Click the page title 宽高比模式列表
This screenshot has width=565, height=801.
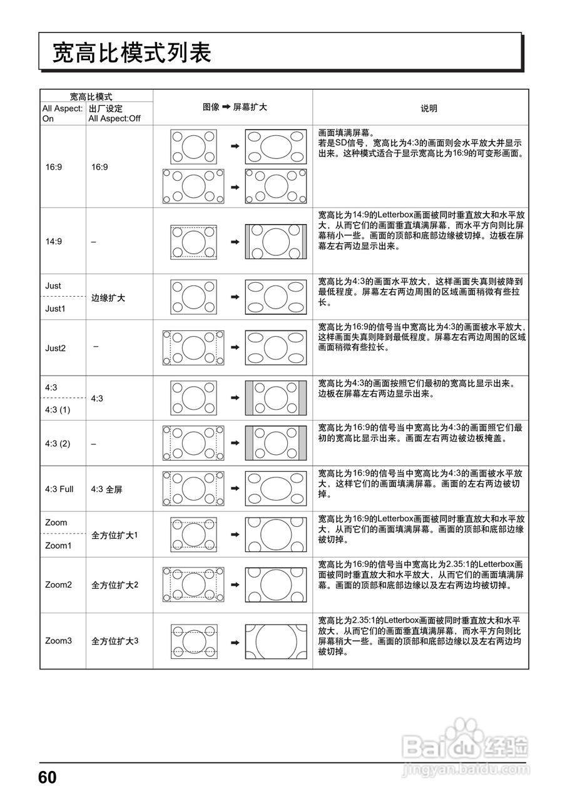point(132,53)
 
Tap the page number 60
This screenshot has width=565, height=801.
point(48,778)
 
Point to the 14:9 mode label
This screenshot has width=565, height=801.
point(54,242)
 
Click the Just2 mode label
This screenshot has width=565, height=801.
point(55,348)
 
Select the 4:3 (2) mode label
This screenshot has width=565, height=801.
point(58,444)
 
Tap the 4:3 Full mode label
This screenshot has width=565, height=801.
point(59,489)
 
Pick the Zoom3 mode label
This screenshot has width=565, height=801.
point(58,641)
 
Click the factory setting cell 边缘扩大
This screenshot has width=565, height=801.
point(108,298)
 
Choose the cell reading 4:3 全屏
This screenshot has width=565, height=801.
point(106,489)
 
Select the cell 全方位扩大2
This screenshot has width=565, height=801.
point(115,585)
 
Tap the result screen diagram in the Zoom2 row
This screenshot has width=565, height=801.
point(275,585)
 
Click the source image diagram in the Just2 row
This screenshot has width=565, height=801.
point(193,347)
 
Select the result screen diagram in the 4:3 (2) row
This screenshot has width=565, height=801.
point(275,443)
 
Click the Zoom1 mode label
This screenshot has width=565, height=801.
point(58,546)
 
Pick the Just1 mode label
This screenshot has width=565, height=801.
point(55,309)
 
